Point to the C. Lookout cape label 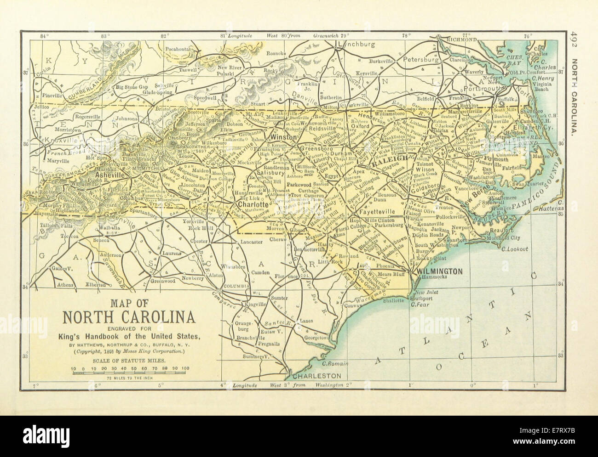(516, 249)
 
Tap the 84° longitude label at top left (45, 35)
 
